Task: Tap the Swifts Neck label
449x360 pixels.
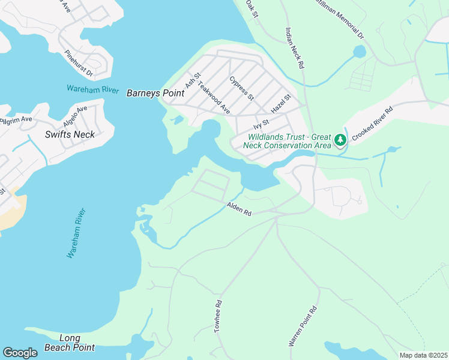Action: (x=70, y=134)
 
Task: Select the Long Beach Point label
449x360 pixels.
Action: (x=70, y=343)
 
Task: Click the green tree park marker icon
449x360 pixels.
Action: (x=340, y=140)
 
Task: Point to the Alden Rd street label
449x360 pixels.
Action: (x=238, y=209)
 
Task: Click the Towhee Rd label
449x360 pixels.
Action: (x=218, y=317)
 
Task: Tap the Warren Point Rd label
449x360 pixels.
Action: (x=303, y=327)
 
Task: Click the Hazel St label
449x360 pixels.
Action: (x=281, y=105)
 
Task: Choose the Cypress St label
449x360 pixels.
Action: (x=242, y=88)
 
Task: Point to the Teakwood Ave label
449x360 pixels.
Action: (x=214, y=98)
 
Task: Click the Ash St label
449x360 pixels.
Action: (x=192, y=79)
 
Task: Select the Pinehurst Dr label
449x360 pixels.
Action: (x=79, y=64)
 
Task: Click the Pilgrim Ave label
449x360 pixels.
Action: (x=16, y=121)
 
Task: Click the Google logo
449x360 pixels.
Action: (x=20, y=353)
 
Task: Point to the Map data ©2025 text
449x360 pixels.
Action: (x=423, y=355)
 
